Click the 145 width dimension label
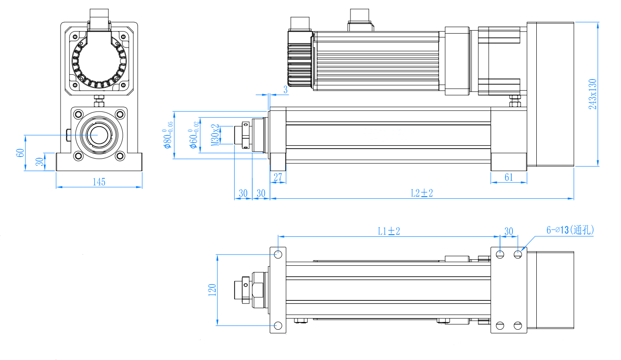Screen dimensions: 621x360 pos(99,182)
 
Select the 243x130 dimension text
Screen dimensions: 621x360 pos(592,94)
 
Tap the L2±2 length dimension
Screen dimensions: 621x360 pos(422,193)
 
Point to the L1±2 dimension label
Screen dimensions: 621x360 pos(389,231)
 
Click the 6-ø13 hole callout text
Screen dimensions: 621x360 pos(570,230)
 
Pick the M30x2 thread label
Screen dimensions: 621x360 pos(215,135)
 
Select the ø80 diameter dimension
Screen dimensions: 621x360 pos(168,135)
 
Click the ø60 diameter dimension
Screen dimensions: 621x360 pos(194,135)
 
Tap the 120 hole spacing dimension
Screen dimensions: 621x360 pos(212,290)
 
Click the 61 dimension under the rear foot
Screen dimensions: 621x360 pos(509,177)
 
